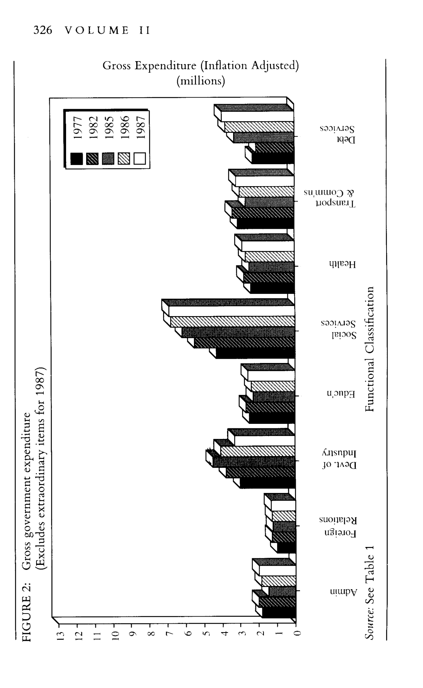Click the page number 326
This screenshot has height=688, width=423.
click(43, 31)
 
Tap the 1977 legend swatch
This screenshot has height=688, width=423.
click(77, 159)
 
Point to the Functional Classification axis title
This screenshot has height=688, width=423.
click(369, 349)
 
